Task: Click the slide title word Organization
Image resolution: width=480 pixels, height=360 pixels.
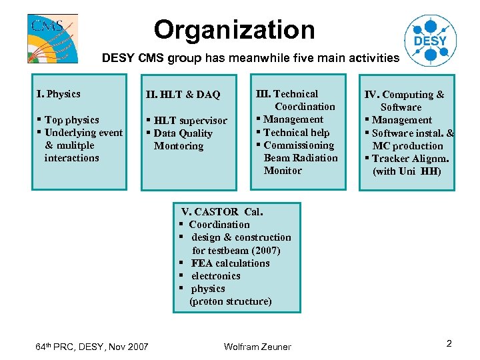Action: tap(234, 30)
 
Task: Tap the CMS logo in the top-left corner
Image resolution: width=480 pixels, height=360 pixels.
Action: tap(52, 38)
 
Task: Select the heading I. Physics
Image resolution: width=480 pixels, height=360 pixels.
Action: tap(59, 94)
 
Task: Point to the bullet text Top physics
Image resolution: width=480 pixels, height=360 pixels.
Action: tap(71, 120)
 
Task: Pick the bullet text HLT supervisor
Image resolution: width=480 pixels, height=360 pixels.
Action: tap(190, 121)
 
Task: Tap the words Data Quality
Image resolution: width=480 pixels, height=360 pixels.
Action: tap(183, 133)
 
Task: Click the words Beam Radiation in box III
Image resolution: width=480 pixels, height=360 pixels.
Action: tap(301, 158)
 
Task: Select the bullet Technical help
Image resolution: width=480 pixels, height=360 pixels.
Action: tap(297, 133)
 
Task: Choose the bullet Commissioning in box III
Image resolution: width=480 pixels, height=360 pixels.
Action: tap(299, 145)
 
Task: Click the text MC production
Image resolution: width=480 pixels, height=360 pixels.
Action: tap(407, 146)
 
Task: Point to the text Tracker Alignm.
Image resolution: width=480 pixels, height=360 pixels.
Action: tap(410, 159)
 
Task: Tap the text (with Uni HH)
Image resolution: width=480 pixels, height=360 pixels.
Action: tap(407, 171)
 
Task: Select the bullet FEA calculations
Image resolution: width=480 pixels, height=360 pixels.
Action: tap(230, 263)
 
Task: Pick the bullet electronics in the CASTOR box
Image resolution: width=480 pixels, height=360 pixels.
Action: tap(215, 276)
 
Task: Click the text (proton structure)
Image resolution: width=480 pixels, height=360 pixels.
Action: tap(231, 301)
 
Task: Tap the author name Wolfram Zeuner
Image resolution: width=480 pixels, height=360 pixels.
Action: tap(257, 346)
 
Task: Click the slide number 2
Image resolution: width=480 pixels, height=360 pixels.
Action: tap(449, 344)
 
